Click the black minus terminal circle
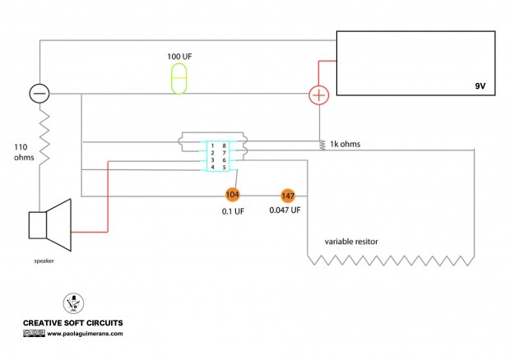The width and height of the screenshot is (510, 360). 39,93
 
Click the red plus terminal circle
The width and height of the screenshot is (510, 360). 319,95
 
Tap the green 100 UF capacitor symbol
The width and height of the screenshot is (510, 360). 178,79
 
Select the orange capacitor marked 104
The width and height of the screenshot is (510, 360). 232,195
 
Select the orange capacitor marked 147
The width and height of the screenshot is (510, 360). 288,196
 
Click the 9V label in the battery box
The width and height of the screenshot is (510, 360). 480,86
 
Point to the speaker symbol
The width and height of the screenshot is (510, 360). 49,225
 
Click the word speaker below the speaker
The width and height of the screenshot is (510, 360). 44,261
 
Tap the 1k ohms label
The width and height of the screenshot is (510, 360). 345,144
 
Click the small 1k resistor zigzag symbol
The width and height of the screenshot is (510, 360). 322,145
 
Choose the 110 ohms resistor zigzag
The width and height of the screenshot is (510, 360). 44,136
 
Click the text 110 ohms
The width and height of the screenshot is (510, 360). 24,152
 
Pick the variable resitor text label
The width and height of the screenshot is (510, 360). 351,242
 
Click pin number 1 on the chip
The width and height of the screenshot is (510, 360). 212,145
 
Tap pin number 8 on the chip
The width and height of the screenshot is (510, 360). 224,145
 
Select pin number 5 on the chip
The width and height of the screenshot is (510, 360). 224,168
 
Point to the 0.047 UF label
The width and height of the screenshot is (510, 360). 285,210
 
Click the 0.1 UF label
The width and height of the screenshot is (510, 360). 233,211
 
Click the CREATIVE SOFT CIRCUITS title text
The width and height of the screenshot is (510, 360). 73,323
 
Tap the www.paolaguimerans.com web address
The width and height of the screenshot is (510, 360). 86,334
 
